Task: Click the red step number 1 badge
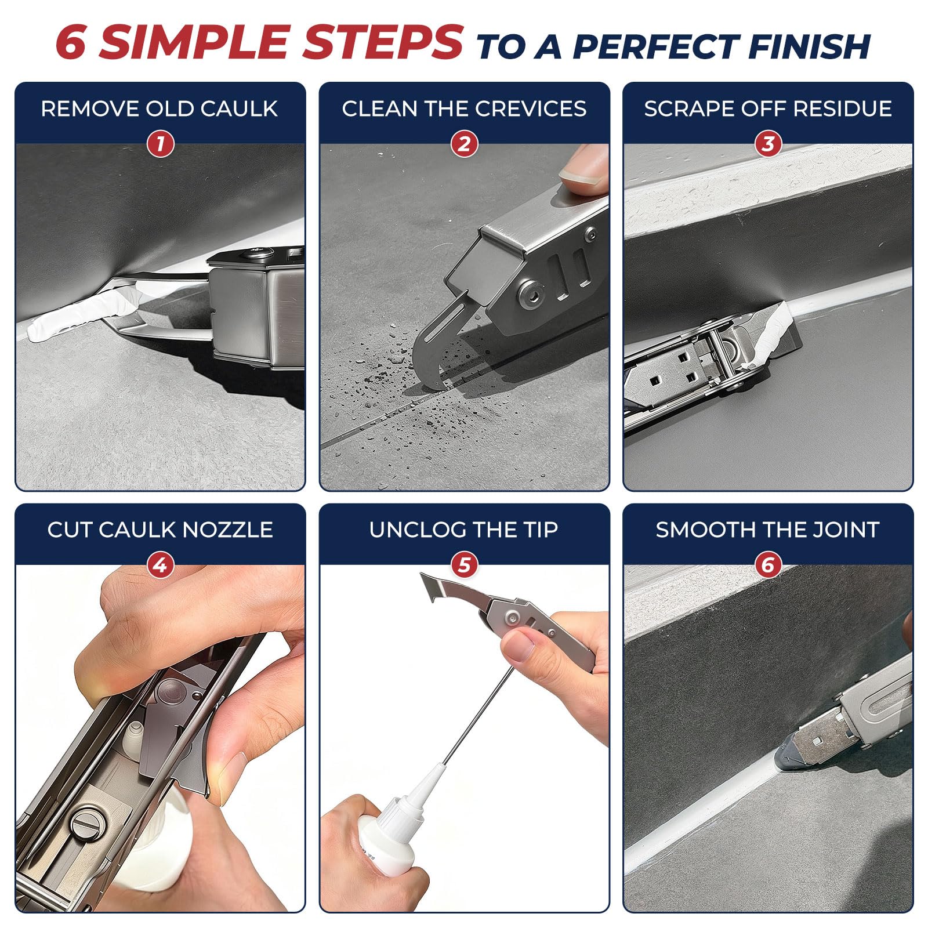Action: pyautogui.click(x=160, y=144)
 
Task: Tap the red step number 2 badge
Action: pyautogui.click(x=465, y=144)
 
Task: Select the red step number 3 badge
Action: pyautogui.click(x=768, y=144)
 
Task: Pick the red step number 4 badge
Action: pyautogui.click(x=160, y=564)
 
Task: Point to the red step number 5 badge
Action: pyautogui.click(x=465, y=564)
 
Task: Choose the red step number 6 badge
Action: pyautogui.click(x=768, y=564)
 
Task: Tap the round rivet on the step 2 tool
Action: pyautogui.click(x=531, y=292)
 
